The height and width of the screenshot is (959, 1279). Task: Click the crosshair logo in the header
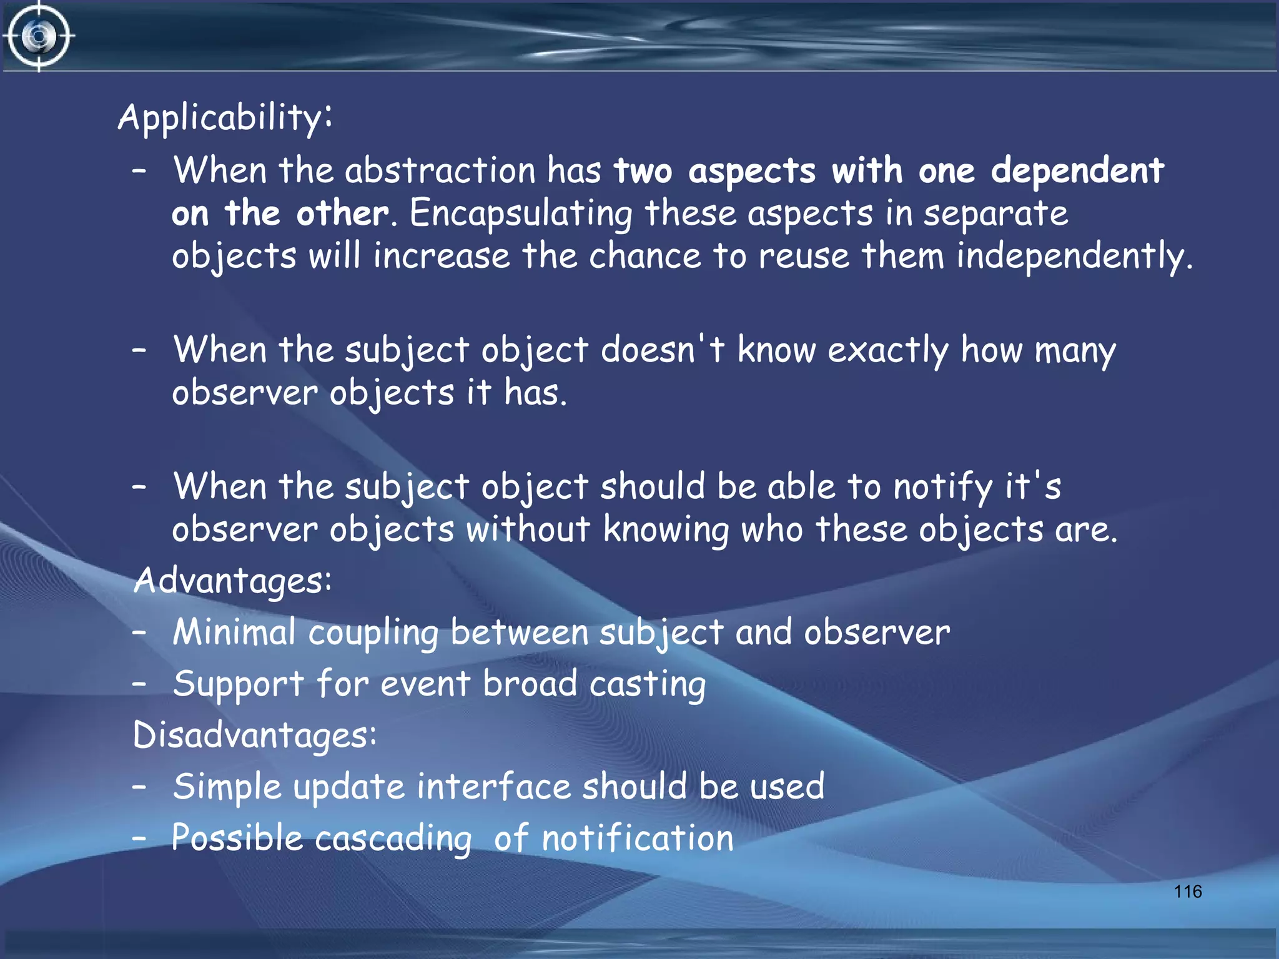(39, 36)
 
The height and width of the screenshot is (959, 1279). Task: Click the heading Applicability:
(225, 117)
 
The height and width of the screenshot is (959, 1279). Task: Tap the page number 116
(1187, 892)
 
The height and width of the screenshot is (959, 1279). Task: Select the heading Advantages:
(232, 581)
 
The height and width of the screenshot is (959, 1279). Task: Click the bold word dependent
(1077, 171)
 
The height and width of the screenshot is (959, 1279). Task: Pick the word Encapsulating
(521, 214)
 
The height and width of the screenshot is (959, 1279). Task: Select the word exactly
(888, 351)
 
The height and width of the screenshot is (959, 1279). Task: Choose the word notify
(942, 488)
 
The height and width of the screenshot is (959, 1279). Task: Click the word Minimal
(234, 632)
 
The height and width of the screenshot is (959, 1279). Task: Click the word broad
(530, 684)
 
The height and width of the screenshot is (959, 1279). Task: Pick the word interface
(493, 786)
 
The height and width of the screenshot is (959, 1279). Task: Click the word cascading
(393, 839)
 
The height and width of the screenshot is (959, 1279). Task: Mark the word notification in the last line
(638, 838)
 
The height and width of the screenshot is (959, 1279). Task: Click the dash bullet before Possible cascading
(139, 838)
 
